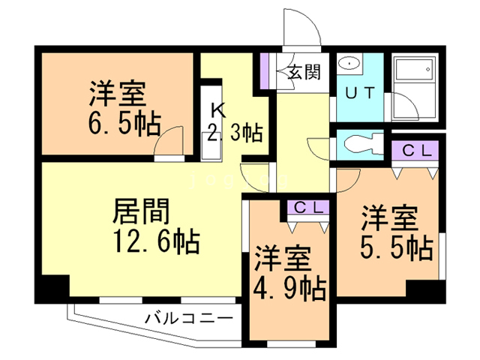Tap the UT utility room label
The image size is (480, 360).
(359, 94)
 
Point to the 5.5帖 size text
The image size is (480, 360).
(397, 247)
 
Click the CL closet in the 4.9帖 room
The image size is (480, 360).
(307, 208)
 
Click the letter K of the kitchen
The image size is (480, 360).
(218, 111)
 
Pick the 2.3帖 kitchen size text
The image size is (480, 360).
(233, 134)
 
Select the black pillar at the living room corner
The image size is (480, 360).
(53, 288)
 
